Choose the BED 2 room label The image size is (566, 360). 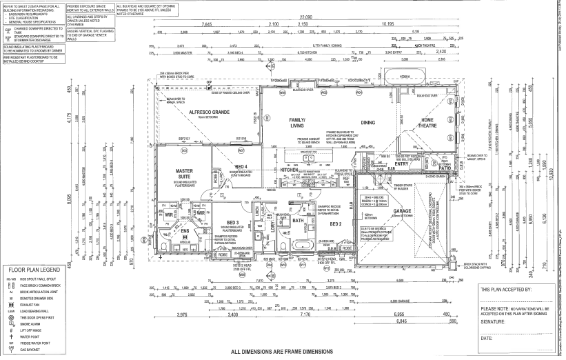tap(336, 223)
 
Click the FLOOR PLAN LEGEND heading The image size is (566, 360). tap(37, 271)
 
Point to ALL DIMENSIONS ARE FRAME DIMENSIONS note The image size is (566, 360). tap(283, 352)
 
